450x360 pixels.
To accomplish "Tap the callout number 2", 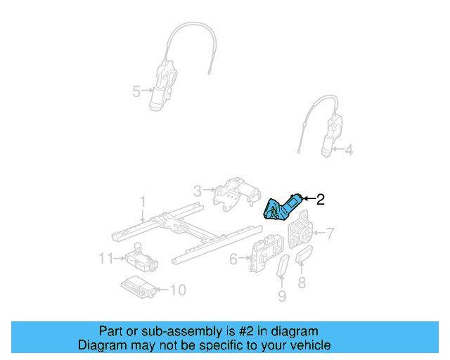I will point(320,200).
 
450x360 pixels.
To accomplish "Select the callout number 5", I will point(136,90).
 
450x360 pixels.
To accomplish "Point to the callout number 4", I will point(349,149).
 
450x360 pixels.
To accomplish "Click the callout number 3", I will point(198,190).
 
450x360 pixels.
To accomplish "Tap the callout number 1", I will point(143,202).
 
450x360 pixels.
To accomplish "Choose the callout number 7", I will point(330,233).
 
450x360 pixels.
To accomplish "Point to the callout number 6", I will point(233,259).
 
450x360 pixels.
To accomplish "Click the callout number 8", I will point(302,283).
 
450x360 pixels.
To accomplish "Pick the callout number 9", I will point(281,297).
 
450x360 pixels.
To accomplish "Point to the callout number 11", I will point(105,258).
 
